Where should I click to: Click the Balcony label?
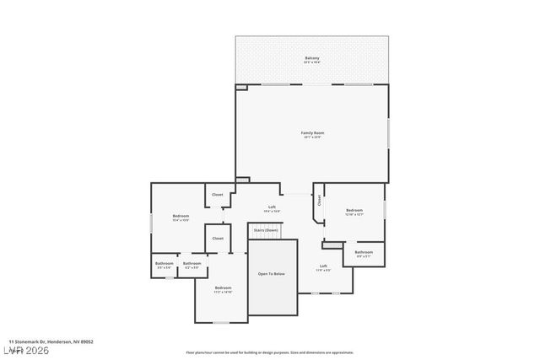312,58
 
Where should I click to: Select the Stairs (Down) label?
266,229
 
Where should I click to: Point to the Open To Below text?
271,274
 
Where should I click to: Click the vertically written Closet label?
320,201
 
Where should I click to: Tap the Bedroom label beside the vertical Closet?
354,211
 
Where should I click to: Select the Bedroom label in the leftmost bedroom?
181,217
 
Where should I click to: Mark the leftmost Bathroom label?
164,264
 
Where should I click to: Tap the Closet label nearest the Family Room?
218,195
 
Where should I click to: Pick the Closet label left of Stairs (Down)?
218,239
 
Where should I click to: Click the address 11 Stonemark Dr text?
57,341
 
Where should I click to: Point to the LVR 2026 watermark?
25,349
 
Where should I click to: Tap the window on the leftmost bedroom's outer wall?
152,220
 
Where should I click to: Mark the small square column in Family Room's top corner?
241,87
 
